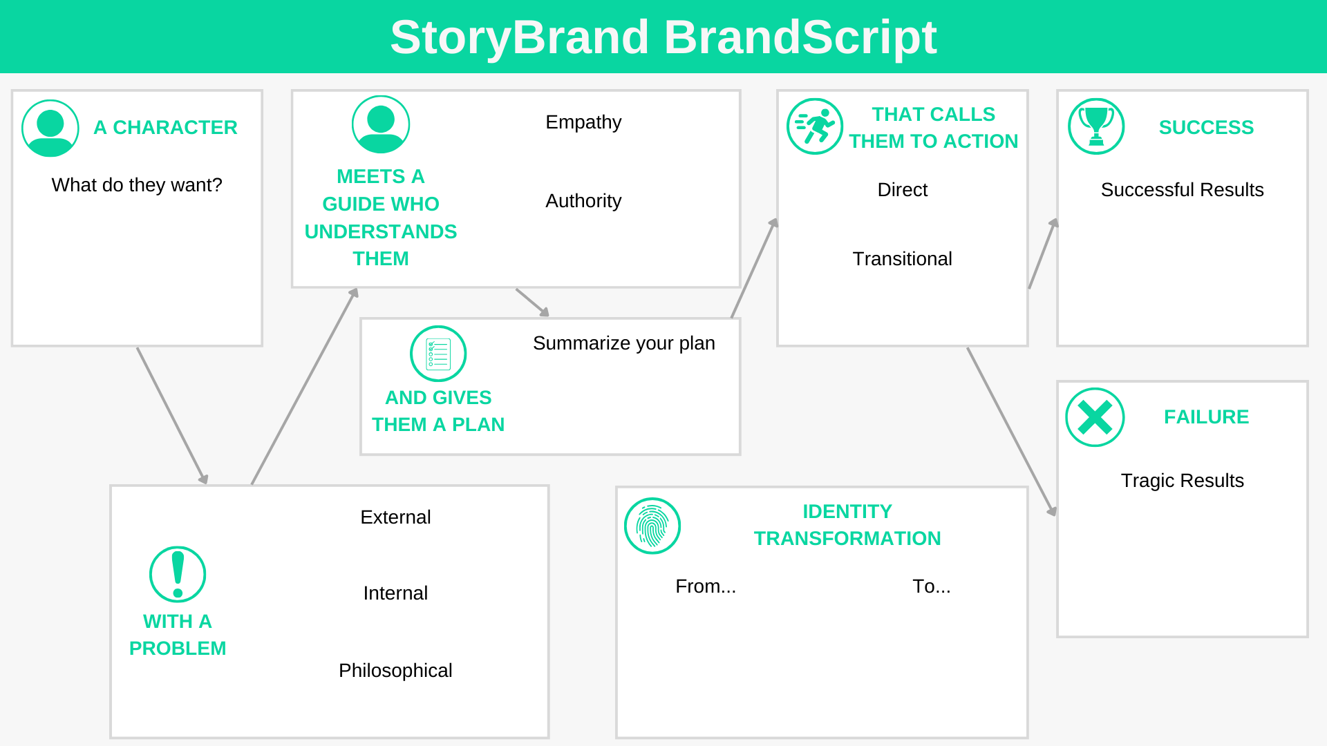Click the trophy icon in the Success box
click(1096, 126)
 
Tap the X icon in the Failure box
click(1095, 417)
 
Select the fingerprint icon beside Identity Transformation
click(652, 526)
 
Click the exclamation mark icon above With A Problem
click(178, 574)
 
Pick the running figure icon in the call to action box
click(815, 126)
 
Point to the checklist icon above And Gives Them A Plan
click(438, 354)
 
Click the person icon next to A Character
click(50, 128)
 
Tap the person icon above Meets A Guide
click(381, 124)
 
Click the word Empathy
click(583, 122)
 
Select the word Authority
click(583, 201)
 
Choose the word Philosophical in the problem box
click(395, 671)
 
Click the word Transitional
click(902, 259)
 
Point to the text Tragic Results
click(1182, 481)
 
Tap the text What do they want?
click(137, 185)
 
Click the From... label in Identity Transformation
click(706, 586)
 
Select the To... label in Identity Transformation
click(931, 586)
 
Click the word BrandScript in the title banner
click(800, 37)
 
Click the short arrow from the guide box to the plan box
click(532, 303)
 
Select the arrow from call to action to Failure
click(1011, 431)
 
